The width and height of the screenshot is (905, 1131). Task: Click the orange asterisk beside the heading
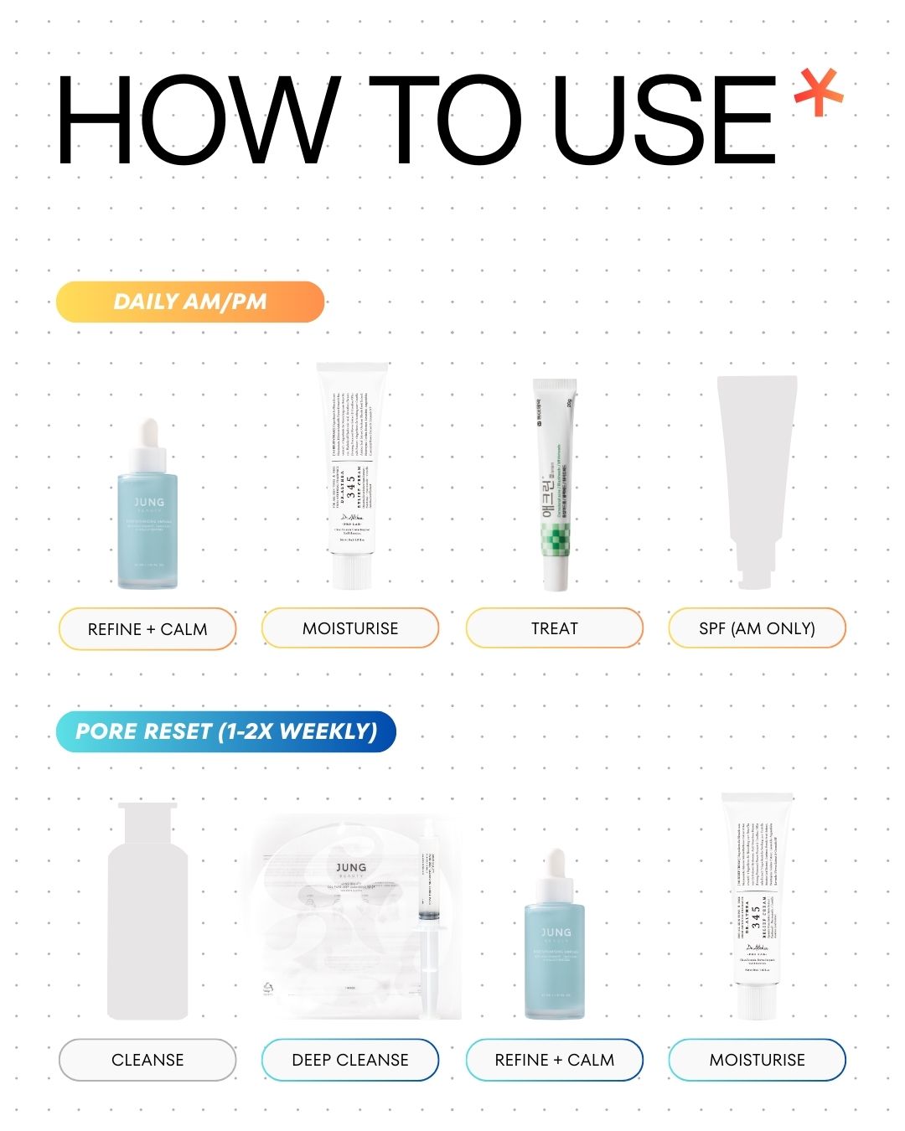(x=818, y=93)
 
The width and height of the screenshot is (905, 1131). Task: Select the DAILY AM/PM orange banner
(x=190, y=302)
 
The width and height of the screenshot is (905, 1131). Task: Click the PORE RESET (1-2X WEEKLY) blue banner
(x=226, y=731)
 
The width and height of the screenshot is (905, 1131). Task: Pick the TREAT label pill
(x=554, y=628)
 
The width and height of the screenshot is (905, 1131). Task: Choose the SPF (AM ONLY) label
(x=757, y=628)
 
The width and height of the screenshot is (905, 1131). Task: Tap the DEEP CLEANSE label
(x=350, y=1060)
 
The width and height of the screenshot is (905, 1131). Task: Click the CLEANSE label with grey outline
(x=147, y=1060)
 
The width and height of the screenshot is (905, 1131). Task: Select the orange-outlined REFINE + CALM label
(x=147, y=628)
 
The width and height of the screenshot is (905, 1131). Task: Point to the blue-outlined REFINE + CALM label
(x=554, y=1060)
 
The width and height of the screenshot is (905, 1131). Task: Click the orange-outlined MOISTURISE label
(x=350, y=628)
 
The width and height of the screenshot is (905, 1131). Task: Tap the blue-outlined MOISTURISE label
(x=757, y=1060)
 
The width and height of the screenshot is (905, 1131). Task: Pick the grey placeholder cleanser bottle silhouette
(x=147, y=913)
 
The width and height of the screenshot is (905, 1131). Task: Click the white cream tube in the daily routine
(x=351, y=469)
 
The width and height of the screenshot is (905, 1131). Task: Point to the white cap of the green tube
(x=555, y=573)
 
